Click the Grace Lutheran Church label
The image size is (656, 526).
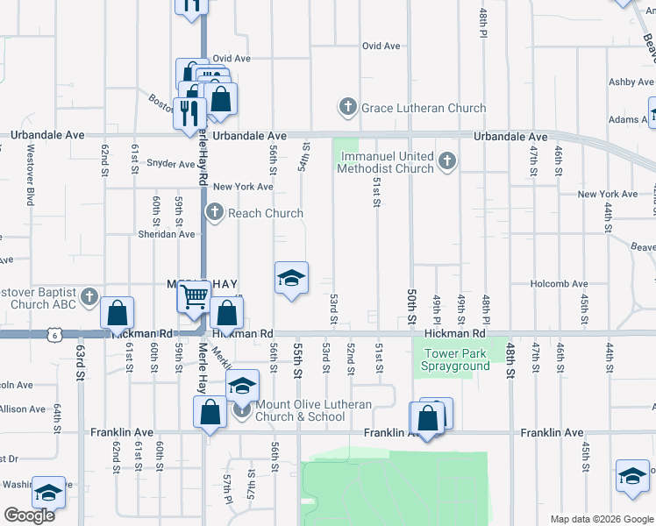click(424, 108)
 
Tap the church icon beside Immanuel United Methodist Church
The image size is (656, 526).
click(447, 160)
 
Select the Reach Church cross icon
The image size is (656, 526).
click(215, 212)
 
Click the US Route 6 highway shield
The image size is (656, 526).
click(56, 335)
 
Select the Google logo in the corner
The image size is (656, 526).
click(29, 515)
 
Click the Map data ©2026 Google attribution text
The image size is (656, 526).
click(601, 519)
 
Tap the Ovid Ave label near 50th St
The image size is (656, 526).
click(381, 46)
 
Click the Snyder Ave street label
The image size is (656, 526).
click(171, 164)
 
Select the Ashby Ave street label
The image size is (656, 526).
click(631, 82)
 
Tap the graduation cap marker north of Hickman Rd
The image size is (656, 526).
click(291, 280)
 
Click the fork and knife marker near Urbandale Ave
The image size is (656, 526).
click(189, 112)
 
